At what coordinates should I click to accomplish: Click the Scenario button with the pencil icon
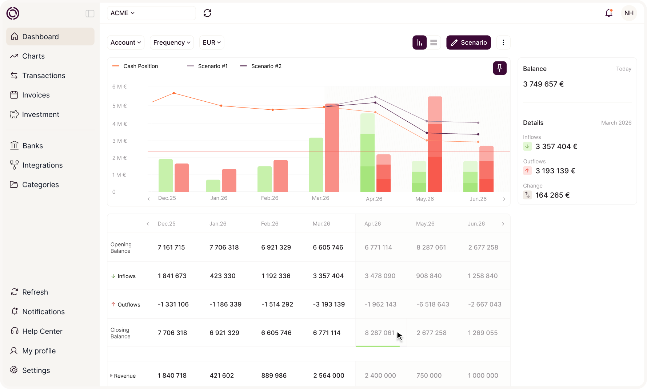tap(468, 42)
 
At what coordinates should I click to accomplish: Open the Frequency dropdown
tap(172, 42)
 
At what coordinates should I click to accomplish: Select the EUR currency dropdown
tap(212, 42)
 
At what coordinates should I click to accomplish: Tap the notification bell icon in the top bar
tap(609, 13)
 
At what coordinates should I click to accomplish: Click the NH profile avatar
tap(629, 13)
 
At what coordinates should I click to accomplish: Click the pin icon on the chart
tap(500, 68)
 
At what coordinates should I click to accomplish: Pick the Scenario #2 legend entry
tap(261, 66)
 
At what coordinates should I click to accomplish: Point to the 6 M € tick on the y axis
tap(119, 86)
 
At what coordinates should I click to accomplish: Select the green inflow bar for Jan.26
tap(213, 186)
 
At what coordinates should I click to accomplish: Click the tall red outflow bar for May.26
tap(435, 144)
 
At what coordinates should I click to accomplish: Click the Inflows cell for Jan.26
tap(223, 276)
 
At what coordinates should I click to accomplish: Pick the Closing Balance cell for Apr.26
tap(379, 333)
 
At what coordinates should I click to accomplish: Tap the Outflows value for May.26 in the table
tap(433, 304)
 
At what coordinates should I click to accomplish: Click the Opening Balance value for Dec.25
tap(171, 247)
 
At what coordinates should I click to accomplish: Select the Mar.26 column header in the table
tap(321, 224)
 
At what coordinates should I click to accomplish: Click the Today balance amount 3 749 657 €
tap(543, 84)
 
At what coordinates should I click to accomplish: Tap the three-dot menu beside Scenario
tap(503, 42)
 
